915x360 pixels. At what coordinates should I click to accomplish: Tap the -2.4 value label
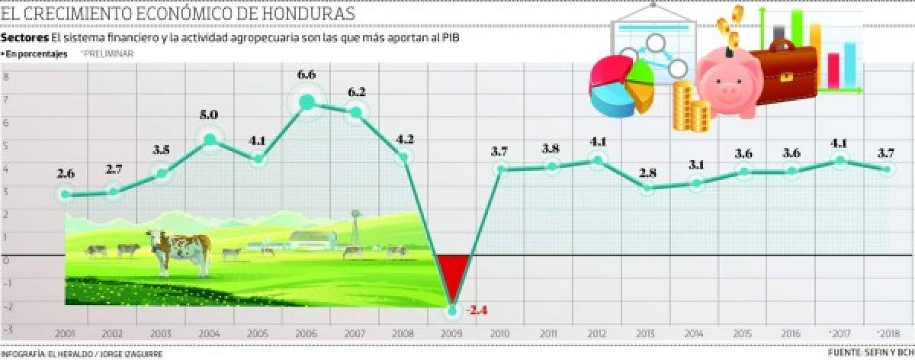pyautogui.click(x=477, y=310)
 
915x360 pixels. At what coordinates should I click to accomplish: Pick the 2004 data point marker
pyautogui.click(x=210, y=140)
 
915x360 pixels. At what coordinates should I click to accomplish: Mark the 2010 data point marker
pyautogui.click(x=499, y=169)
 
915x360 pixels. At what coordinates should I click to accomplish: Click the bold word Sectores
pyautogui.click(x=24, y=37)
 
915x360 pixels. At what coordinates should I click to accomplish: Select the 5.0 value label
pyautogui.click(x=209, y=115)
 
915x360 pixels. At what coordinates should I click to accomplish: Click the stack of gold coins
pyautogui.click(x=690, y=109)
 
